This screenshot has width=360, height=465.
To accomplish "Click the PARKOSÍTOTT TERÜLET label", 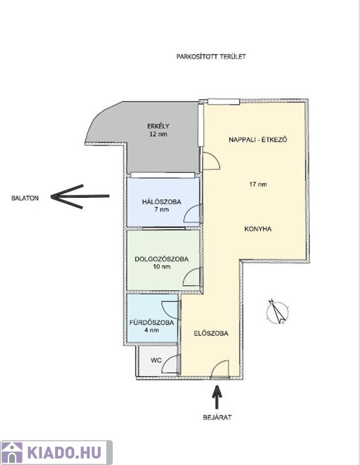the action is (211, 57).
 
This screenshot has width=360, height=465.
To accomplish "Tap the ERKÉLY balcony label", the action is (158, 126).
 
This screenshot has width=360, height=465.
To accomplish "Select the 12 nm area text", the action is (158, 134).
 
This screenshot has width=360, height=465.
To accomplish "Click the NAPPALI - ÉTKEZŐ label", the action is (258, 140).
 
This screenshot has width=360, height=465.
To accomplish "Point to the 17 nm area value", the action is (258, 184).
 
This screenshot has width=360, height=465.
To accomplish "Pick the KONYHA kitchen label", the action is (258, 229).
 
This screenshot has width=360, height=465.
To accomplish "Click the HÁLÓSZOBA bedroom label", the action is (162, 202).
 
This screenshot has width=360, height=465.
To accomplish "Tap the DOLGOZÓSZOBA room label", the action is (162, 259).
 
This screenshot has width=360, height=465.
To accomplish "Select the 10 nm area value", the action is (162, 266).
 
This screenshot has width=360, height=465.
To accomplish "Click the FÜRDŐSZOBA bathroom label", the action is (152, 323).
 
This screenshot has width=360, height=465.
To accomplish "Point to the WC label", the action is (156, 360).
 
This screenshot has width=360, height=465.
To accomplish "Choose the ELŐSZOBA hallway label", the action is (211, 334).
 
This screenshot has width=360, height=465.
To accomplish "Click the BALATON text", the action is (25, 198).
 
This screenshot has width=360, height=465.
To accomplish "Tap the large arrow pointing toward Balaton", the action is (80, 196).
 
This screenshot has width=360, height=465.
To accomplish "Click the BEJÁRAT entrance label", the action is (217, 418).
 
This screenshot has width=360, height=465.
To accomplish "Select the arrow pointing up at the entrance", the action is (217, 397).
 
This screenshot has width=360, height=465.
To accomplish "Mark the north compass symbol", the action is (278, 312).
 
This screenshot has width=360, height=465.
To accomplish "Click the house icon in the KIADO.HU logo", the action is (12, 452).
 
